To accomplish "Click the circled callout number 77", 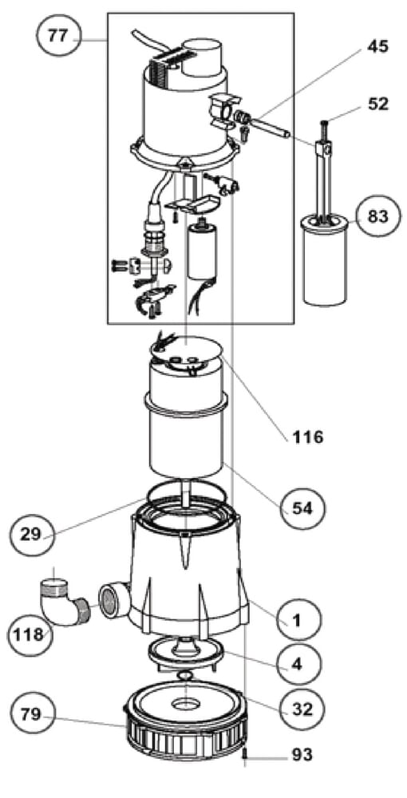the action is (59, 38).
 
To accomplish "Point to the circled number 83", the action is (378, 216).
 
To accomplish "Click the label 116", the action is (308, 437).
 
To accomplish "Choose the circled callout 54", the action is (302, 508).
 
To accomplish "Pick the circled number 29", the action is (33, 534).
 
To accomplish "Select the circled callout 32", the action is (302, 709).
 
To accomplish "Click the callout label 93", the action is (302, 755).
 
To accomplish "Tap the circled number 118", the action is (29, 634).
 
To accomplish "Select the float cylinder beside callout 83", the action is (326, 260).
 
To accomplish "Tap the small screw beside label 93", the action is (245, 754).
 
